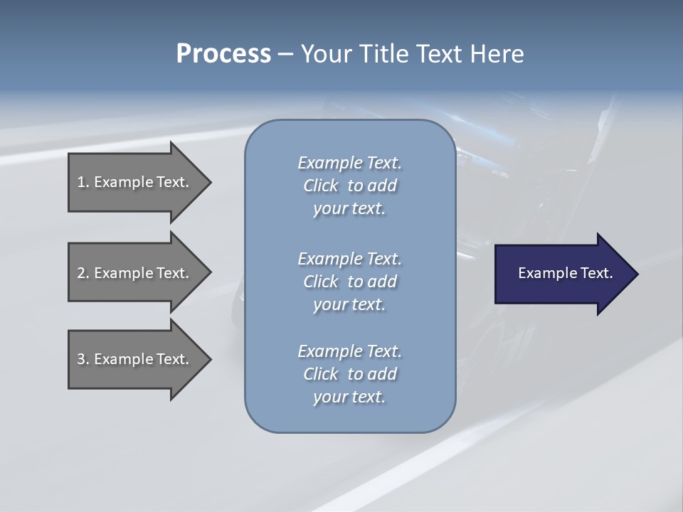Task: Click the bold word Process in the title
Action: click(x=223, y=54)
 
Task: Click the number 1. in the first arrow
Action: click(x=83, y=182)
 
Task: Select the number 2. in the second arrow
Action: click(x=83, y=273)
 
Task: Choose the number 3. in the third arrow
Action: click(x=83, y=359)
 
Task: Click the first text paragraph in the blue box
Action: click(x=349, y=186)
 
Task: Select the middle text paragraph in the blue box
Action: click(x=349, y=282)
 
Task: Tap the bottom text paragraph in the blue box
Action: click(x=349, y=374)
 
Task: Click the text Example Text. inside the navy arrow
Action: click(x=565, y=273)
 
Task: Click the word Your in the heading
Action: click(x=323, y=54)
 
